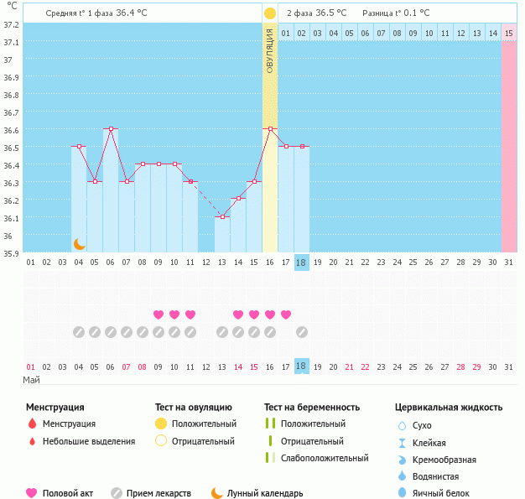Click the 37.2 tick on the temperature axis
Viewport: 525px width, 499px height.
click(10, 24)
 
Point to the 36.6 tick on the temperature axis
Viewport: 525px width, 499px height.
click(10, 130)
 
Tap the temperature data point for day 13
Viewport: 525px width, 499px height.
click(222, 217)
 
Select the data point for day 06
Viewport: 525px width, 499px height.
click(111, 129)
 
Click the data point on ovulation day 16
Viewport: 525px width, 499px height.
click(270, 129)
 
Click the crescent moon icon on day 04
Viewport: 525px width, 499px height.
click(80, 243)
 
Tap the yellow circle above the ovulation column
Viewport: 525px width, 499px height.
click(270, 13)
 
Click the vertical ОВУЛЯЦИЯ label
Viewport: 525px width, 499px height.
click(270, 50)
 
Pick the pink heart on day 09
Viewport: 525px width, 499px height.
click(159, 314)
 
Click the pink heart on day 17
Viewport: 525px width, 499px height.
click(286, 314)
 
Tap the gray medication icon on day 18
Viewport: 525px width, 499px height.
click(302, 332)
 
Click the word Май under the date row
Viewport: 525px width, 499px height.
click(32, 380)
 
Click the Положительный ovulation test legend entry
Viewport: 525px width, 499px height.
click(204, 424)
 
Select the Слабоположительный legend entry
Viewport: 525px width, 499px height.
click(325, 458)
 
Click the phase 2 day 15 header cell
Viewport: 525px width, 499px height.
click(509, 33)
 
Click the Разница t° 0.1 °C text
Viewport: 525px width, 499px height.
click(396, 13)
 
